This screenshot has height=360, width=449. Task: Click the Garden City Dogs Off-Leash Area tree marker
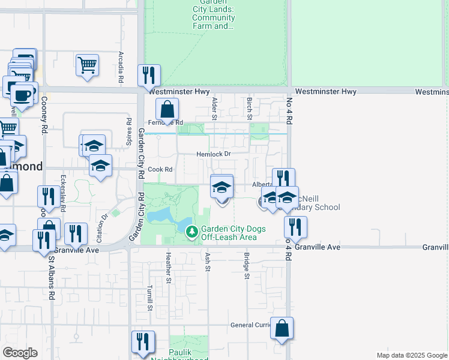pos(192,231)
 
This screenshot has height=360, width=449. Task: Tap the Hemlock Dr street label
pos(214,154)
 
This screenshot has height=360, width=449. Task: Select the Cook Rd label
pos(160,170)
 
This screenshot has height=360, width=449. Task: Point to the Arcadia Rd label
pos(121,67)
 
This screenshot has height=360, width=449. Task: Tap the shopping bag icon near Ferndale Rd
pos(167,110)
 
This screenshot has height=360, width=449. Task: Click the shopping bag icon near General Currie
pos(282,328)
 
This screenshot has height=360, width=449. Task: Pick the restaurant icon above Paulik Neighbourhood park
pos(143,341)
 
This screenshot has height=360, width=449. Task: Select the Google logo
pos(20,353)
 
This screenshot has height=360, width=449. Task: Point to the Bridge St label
pos(246,266)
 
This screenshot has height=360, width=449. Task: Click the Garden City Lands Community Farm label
pos(213,14)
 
